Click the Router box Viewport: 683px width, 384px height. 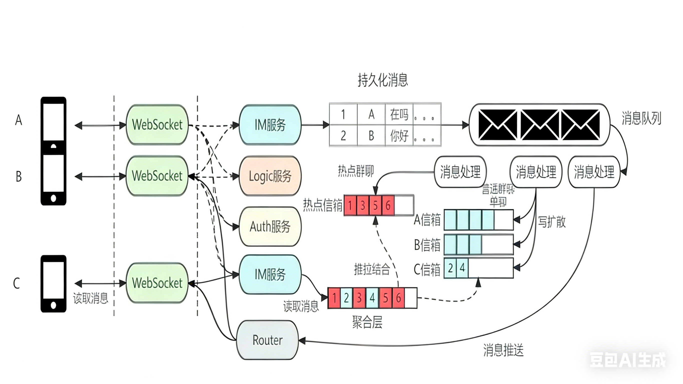267,340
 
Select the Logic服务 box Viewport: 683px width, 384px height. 270,176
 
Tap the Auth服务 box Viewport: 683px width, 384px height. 270,226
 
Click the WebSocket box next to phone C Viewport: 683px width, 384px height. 157,283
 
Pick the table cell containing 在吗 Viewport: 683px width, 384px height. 399,114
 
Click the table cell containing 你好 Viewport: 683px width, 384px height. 399,136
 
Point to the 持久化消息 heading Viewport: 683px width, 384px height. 383,80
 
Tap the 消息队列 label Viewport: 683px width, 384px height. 641,118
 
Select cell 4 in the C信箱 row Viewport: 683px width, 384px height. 462,268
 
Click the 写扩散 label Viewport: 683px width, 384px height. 551,222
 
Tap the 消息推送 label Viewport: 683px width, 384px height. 503,350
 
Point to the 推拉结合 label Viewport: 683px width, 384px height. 372,269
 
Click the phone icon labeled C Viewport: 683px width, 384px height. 53,283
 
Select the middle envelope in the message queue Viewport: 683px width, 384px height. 539,125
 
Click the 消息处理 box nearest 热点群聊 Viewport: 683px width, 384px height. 460,172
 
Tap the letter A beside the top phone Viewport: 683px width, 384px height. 19,120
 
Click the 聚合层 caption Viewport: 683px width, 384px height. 367,322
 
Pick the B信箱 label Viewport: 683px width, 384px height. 427,244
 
